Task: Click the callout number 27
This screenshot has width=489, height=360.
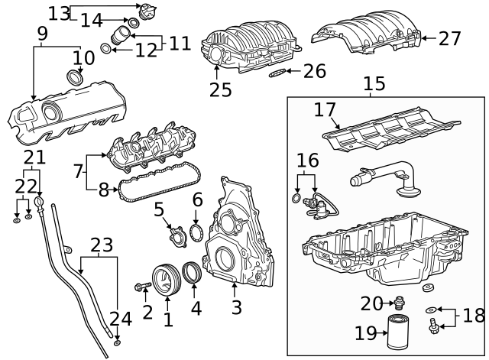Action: (x=450, y=37)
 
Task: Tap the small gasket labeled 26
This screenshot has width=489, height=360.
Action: (x=280, y=74)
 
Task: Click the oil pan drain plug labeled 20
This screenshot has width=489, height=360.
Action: (x=399, y=303)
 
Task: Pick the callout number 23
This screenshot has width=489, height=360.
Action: (x=101, y=246)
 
